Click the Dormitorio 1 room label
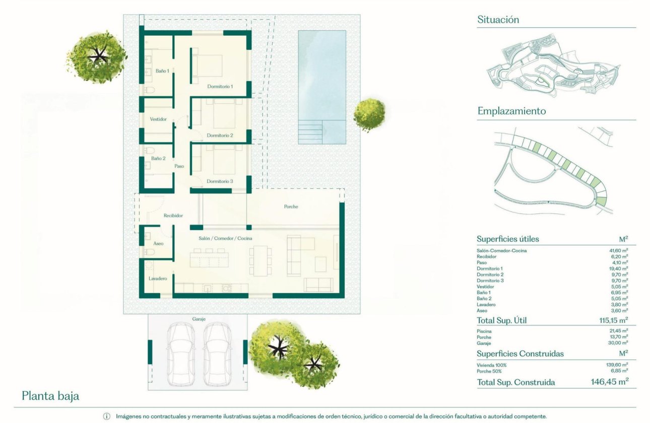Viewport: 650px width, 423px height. pos(220,87)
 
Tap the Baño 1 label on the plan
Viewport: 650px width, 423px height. pos(162,71)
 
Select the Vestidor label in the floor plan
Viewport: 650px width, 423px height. pos(158,119)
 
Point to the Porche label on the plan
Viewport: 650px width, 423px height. pos(291,206)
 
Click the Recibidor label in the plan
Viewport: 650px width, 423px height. pos(173,216)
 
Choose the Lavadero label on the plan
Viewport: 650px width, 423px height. pos(157,278)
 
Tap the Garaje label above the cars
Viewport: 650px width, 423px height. pos(199,319)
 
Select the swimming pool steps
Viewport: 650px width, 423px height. pos(310,132)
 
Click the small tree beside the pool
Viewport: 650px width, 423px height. pos(369,114)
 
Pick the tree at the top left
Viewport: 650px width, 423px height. pos(97,56)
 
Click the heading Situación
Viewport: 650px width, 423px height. pos(498,20)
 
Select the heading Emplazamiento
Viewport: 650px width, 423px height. pos(511,111)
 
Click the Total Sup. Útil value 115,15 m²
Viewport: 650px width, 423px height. pos(609,320)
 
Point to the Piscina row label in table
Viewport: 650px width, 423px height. pos(484,331)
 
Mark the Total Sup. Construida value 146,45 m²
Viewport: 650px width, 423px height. pos(609,382)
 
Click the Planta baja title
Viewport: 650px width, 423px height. pos(50,396)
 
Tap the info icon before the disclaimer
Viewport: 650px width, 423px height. pos(106,416)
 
